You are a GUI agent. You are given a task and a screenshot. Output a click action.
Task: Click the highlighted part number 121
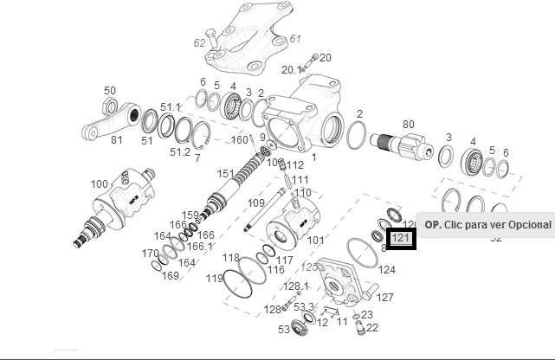point(402,238)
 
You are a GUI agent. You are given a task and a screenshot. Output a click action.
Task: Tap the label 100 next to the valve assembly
point(100,183)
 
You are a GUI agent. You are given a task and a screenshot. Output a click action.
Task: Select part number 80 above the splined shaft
point(408,124)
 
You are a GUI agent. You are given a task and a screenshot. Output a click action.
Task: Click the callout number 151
point(225,174)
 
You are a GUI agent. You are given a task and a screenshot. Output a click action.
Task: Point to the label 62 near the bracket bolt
point(200,42)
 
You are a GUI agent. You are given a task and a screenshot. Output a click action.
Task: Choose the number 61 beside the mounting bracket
point(295,39)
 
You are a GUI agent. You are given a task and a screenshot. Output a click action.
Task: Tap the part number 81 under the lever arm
point(117,138)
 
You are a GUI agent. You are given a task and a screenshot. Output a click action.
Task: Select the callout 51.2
point(179,152)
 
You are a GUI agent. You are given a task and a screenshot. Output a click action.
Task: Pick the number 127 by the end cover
point(385,298)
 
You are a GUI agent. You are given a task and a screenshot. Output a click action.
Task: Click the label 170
point(150,254)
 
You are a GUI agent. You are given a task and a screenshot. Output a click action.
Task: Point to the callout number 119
point(214,279)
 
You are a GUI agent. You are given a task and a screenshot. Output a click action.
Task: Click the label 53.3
point(304,307)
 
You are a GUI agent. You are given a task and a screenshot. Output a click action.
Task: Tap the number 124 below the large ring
point(387,270)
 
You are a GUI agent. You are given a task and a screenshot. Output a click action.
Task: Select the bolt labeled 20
point(312,59)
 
